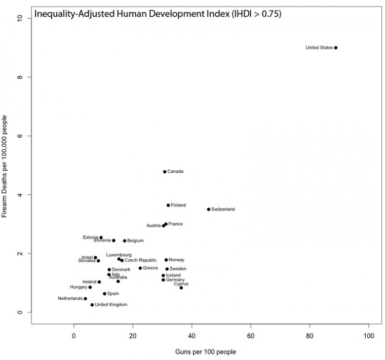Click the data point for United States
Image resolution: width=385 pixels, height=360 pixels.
336,48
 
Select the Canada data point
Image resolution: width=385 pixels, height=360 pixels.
165,172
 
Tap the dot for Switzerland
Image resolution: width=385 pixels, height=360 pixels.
209,209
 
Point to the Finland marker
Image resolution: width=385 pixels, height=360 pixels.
168,205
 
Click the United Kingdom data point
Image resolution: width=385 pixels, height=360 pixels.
92,305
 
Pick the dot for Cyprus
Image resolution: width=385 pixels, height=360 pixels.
181,288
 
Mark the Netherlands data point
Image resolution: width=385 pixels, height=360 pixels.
85,299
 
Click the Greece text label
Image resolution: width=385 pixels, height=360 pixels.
151,268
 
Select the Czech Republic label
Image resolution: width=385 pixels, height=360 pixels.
141,260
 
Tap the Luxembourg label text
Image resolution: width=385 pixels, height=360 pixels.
119,255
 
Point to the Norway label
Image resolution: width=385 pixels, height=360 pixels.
176,260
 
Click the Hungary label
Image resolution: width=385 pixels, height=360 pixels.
78,287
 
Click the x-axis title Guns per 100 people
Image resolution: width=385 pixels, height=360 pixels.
206,352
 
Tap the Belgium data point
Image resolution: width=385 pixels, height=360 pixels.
125,241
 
